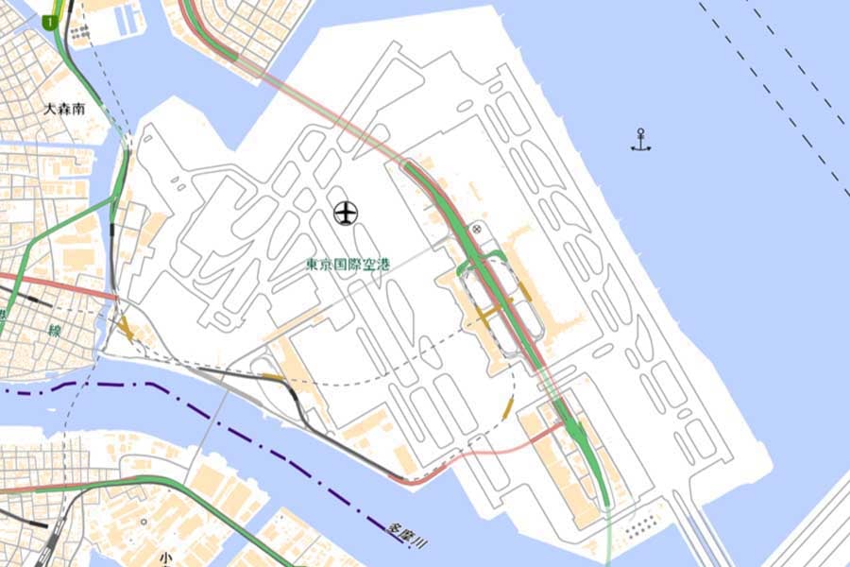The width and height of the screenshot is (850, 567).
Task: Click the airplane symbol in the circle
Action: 347,214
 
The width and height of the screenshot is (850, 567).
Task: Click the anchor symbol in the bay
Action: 641,141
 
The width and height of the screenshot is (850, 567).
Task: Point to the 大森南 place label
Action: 65,109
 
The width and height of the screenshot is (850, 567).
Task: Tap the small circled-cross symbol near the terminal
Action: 477,228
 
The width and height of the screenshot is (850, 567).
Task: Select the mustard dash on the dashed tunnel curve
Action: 508,408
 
